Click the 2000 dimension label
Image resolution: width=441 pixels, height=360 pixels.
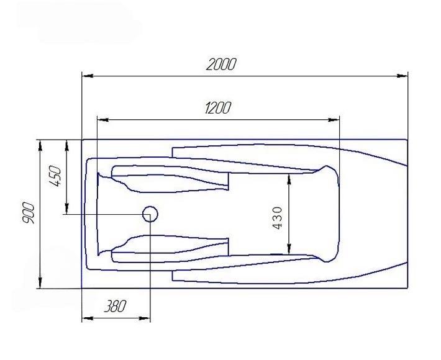[x=221, y=65]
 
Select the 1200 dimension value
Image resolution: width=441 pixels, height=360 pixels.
[x=218, y=108]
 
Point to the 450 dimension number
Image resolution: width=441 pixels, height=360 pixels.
[x=54, y=176]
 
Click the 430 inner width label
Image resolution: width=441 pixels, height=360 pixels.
[x=277, y=218]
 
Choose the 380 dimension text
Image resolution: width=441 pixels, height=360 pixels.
[x=116, y=307]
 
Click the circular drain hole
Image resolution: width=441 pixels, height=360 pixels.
[x=150, y=214]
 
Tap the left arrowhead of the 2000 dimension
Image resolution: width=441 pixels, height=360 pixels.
[x=88, y=76]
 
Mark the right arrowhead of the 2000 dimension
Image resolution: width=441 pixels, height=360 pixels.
[x=402, y=76]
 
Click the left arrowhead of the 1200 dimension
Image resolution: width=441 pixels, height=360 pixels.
[x=103, y=120]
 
